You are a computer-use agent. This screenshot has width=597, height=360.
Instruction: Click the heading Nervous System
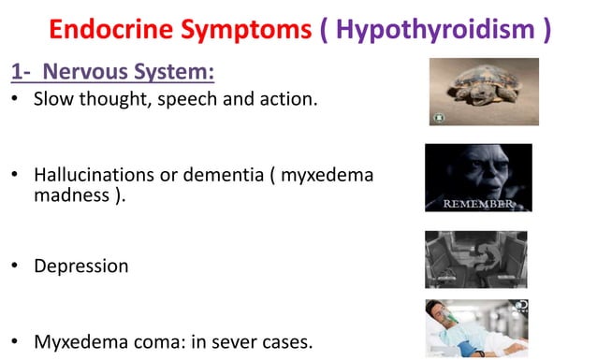(131, 72)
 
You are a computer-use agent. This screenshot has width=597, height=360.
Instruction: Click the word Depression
(81, 266)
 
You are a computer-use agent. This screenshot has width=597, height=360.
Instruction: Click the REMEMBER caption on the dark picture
(478, 203)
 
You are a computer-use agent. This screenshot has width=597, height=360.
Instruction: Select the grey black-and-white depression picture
(475, 259)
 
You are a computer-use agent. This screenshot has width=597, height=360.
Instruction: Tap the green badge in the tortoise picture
(437, 118)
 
